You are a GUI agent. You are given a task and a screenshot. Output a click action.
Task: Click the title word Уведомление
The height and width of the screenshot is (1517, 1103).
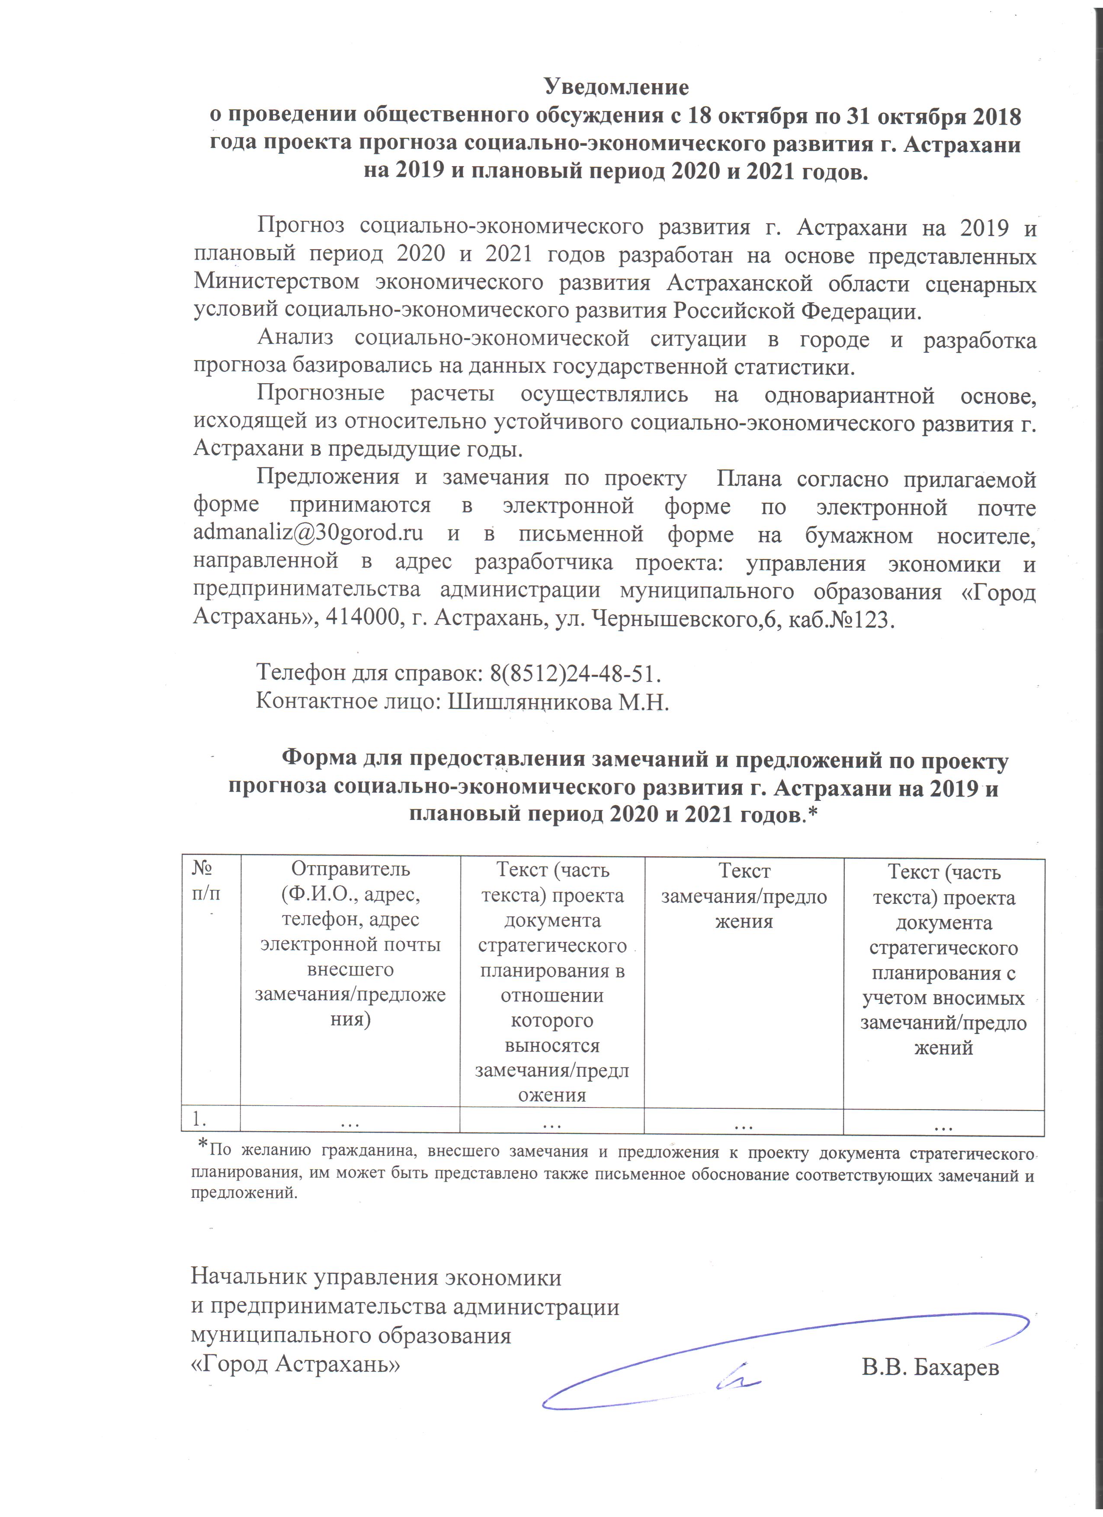tap(616, 87)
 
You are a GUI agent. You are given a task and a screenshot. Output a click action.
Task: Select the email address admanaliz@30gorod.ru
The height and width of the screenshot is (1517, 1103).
tap(308, 534)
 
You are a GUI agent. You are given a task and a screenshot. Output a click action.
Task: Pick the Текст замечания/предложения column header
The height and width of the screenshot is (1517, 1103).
tap(744, 896)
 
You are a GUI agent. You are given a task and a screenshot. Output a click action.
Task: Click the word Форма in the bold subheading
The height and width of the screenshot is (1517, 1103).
tap(319, 759)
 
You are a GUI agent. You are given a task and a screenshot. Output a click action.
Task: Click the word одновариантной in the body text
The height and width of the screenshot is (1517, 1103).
tap(850, 395)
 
